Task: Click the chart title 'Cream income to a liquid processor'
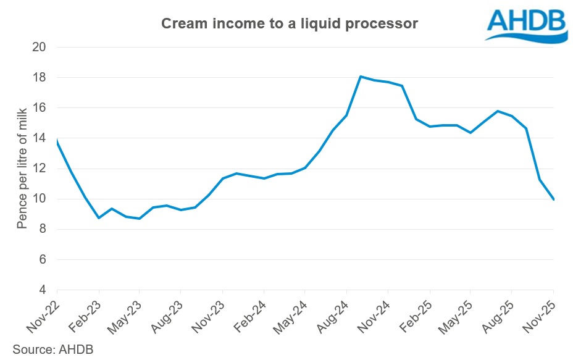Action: pyautogui.click(x=290, y=24)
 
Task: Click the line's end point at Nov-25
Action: pyautogui.click(x=553, y=199)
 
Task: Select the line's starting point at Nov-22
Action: pyautogui.click(x=57, y=141)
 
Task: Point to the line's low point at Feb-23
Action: pyautogui.click(x=98, y=218)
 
